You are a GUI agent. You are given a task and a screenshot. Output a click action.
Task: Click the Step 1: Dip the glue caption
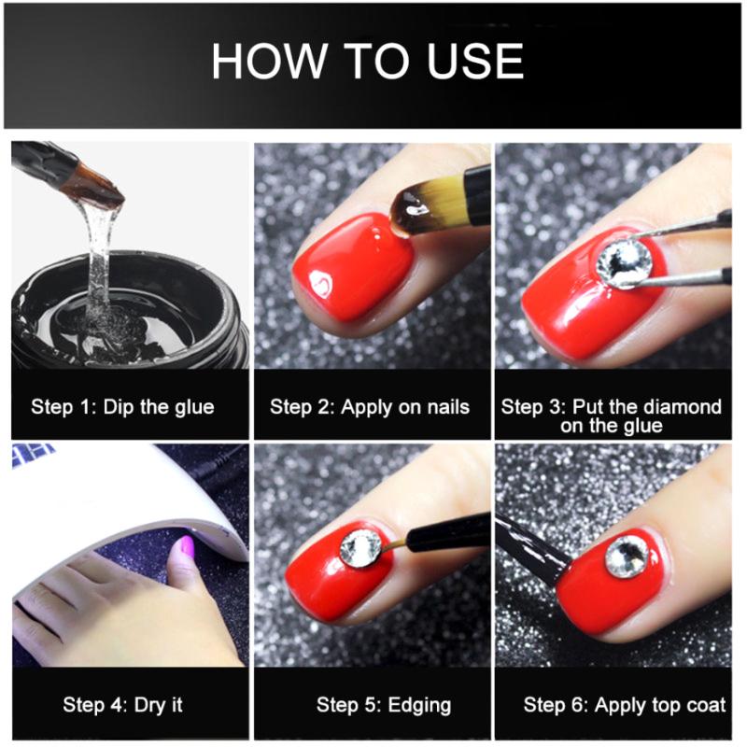point(122,407)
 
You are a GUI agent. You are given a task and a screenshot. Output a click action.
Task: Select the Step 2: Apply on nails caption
point(370,407)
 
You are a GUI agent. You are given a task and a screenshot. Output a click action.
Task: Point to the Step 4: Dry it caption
point(122,704)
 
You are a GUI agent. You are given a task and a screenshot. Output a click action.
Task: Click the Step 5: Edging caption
point(371,704)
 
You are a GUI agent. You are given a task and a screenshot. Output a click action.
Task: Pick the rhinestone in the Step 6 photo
point(626,558)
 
